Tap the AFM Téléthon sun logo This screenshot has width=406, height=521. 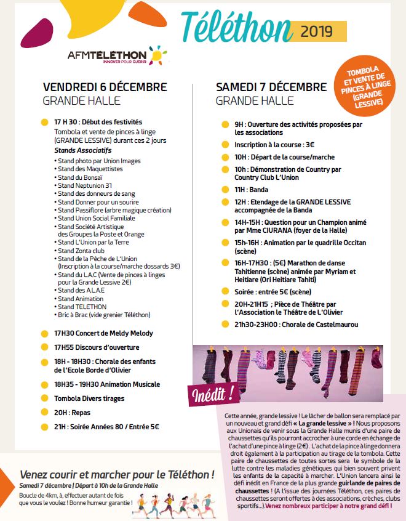pos(157,55)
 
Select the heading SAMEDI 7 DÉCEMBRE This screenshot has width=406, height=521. pos(271,86)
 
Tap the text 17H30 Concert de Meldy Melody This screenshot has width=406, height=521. pos(103,333)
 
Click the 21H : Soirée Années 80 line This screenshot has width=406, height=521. pos(106,427)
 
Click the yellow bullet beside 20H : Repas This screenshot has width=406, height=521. pos(44,413)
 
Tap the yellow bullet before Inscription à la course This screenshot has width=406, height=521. pos(225,146)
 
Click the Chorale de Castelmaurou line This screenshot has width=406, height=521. pos(296,325)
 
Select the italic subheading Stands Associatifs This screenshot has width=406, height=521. pos(82,150)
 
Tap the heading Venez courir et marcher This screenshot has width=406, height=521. pos(117,475)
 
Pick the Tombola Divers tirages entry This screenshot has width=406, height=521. pos(89,398)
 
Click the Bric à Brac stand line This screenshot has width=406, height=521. pos(104,315)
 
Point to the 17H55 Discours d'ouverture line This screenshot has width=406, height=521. pos(97,347)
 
